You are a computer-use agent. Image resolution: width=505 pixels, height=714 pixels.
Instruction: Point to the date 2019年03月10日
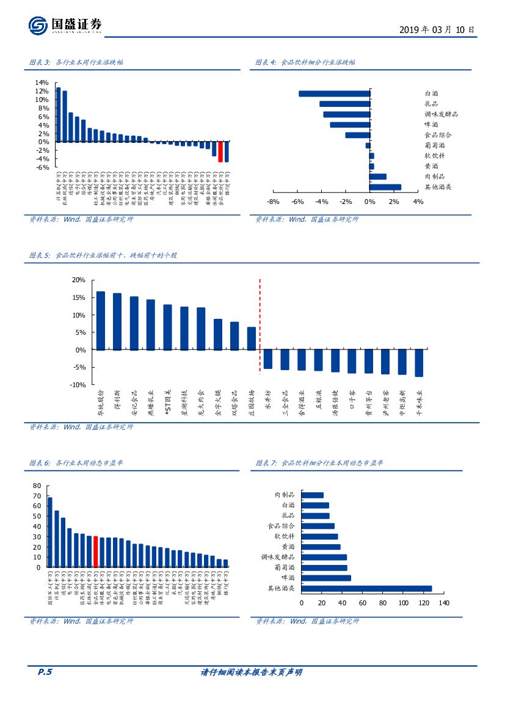pyautogui.click(x=436, y=29)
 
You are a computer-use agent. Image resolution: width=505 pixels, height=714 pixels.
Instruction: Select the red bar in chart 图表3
pyautogui.click(x=220, y=151)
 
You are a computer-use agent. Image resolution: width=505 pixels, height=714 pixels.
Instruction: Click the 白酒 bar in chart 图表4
pyautogui.click(x=334, y=93)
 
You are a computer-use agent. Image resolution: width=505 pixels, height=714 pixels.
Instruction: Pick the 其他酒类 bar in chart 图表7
pyautogui.click(x=366, y=588)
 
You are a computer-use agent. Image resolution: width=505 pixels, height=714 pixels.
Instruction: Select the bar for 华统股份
pyautogui.click(x=101, y=321)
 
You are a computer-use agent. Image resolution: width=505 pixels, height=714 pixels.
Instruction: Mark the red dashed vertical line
pyautogui.click(x=260, y=330)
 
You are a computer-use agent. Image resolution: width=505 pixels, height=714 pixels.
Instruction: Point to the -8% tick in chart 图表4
pyautogui.click(x=273, y=202)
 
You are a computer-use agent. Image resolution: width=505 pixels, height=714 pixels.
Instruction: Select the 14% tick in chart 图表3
pyautogui.click(x=42, y=82)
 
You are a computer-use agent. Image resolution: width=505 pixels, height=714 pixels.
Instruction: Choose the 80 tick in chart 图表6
pyautogui.click(x=37, y=486)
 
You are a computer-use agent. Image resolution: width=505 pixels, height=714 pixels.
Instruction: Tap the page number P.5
pyautogui.click(x=45, y=672)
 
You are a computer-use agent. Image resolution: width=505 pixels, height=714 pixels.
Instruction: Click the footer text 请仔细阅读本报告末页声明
pyautogui.click(x=252, y=672)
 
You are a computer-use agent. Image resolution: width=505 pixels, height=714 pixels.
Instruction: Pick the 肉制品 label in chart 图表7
pyautogui.click(x=285, y=495)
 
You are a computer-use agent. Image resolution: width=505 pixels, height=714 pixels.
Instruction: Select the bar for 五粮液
pyautogui.click(x=318, y=360)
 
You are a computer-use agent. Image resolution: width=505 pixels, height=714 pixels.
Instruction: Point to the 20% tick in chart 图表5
pyautogui.click(x=78, y=280)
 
